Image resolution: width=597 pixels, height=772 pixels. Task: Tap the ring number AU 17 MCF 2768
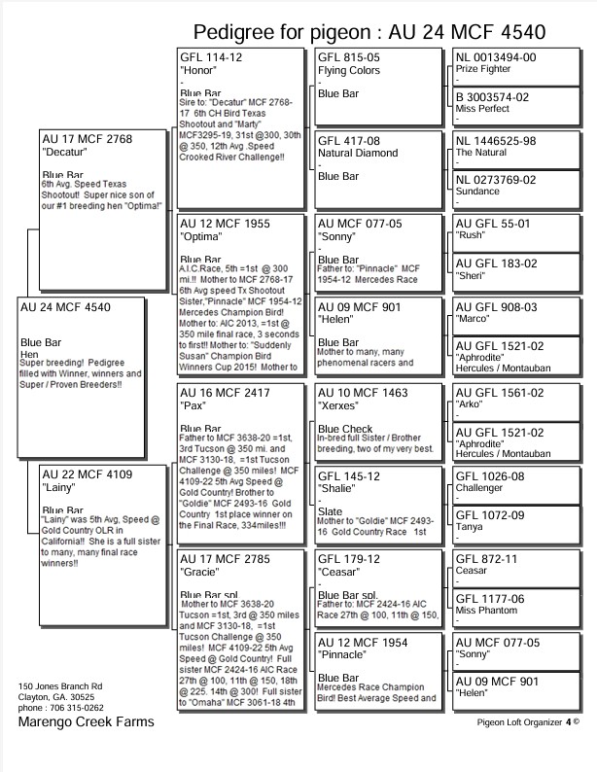[86, 140]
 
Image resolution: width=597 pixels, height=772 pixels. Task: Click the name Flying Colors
[349, 70]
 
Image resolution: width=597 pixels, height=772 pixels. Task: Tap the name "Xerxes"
[339, 405]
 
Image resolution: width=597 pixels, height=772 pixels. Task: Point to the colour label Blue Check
[345, 429]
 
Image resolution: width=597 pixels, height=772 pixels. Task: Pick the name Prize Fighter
[488, 70]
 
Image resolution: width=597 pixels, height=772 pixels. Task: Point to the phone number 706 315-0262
[80, 709]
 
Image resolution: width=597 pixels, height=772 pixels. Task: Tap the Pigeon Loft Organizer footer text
[524, 722]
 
